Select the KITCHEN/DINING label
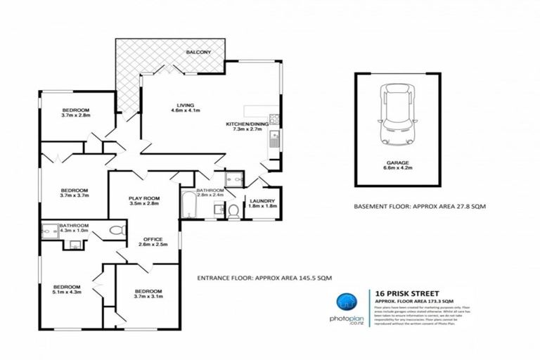pos(243,127)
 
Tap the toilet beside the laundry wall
pos(235,210)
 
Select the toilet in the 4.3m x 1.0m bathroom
pos(117,230)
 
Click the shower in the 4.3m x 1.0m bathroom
pos(49,231)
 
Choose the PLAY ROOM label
pos(143,200)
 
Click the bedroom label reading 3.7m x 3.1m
pos(148,294)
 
